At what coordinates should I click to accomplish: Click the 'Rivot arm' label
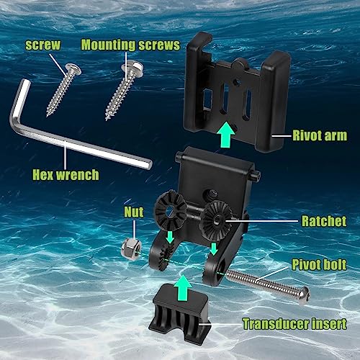pyautogui.click(x=320, y=134)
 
